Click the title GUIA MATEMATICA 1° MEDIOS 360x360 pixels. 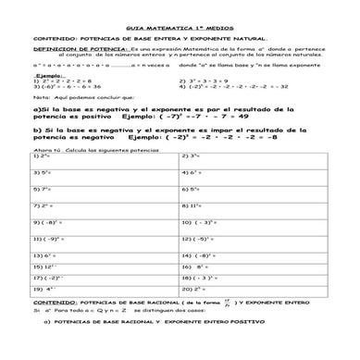pos(180,31)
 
